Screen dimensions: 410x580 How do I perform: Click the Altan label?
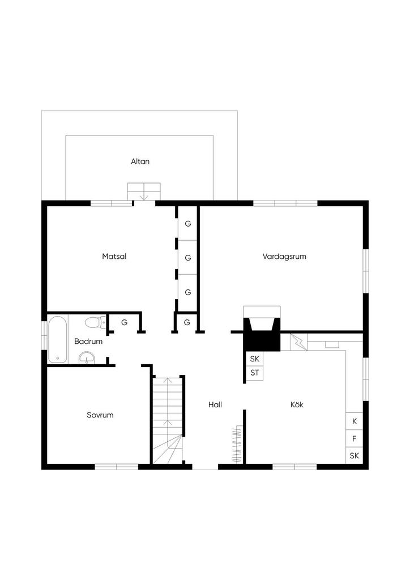[x=140, y=161]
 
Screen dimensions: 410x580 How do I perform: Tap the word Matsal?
[x=114, y=256]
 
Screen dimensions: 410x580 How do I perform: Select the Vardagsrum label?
[x=284, y=257]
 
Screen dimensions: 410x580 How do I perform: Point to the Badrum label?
[x=88, y=341]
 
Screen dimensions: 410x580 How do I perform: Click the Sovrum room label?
[x=100, y=415]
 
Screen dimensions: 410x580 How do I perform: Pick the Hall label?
[x=215, y=404]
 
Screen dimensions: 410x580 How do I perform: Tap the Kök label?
[x=297, y=404]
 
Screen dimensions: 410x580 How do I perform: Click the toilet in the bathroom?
[x=95, y=322]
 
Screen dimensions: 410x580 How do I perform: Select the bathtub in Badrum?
[x=58, y=339]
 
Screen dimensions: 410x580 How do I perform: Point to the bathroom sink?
[x=87, y=358]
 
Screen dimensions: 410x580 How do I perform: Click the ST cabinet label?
[x=255, y=373]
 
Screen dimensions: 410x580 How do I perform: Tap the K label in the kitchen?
[x=355, y=421]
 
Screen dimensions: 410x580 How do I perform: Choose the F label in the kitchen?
[x=354, y=439]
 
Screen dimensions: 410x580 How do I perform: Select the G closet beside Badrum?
[x=124, y=322]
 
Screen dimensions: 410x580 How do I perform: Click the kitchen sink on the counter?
[x=332, y=345]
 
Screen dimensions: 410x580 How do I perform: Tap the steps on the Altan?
[x=144, y=191]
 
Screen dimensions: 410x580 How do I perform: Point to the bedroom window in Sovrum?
[x=117, y=467]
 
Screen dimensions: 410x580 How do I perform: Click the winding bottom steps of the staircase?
[x=168, y=449]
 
